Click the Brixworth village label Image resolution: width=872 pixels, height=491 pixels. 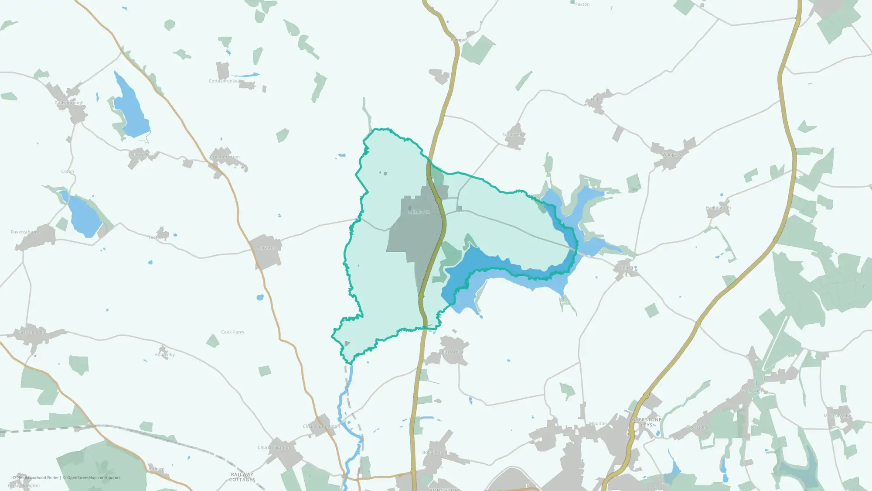tap(419, 212)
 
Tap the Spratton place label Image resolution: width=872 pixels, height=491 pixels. tap(267, 248)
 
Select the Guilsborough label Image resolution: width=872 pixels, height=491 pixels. tap(69, 103)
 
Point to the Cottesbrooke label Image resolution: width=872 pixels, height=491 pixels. tap(223, 81)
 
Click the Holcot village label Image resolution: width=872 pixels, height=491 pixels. tap(626, 268)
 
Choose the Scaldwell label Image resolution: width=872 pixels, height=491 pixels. tap(512, 135)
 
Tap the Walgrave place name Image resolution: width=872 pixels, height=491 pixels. tap(672, 155)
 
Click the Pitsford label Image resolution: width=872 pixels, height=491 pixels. tap(450, 352)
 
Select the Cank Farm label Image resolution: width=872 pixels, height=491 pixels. tap(232, 332)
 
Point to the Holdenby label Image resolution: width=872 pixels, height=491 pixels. tap(164, 355)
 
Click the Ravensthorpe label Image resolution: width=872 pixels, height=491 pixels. tap(25, 232)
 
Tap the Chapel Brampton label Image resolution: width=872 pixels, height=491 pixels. tap(321, 426)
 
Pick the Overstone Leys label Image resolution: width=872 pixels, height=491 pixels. tap(647, 422)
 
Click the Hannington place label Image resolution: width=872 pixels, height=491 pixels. tap(718, 208)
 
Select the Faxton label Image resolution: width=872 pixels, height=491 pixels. tap(582, 4)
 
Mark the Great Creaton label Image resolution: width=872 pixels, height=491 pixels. tap(225, 157)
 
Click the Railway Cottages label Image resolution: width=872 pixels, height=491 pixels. tap(242, 477)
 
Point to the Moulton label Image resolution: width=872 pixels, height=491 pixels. tap(598, 424)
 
